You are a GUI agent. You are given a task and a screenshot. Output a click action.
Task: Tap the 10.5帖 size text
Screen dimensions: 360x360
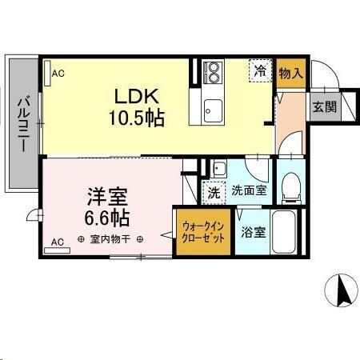pyautogui.click(x=137, y=118)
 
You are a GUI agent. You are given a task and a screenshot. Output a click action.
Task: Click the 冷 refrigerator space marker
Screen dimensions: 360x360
pyautogui.click(x=260, y=71)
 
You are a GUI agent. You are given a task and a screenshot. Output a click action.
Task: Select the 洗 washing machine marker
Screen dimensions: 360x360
pyautogui.click(x=214, y=191)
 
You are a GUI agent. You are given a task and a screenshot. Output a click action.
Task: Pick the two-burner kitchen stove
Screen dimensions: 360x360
pyautogui.click(x=212, y=75)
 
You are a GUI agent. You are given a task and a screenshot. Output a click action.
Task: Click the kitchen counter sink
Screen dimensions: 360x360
pyautogui.click(x=212, y=108)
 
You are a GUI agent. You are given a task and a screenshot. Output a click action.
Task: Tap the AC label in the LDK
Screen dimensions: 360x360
pyautogui.click(x=58, y=74)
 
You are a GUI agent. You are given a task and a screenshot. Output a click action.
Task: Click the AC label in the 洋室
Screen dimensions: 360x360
pyautogui.click(x=58, y=241)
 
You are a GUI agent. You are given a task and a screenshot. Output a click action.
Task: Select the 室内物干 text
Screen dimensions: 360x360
pyautogui.click(x=110, y=239)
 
